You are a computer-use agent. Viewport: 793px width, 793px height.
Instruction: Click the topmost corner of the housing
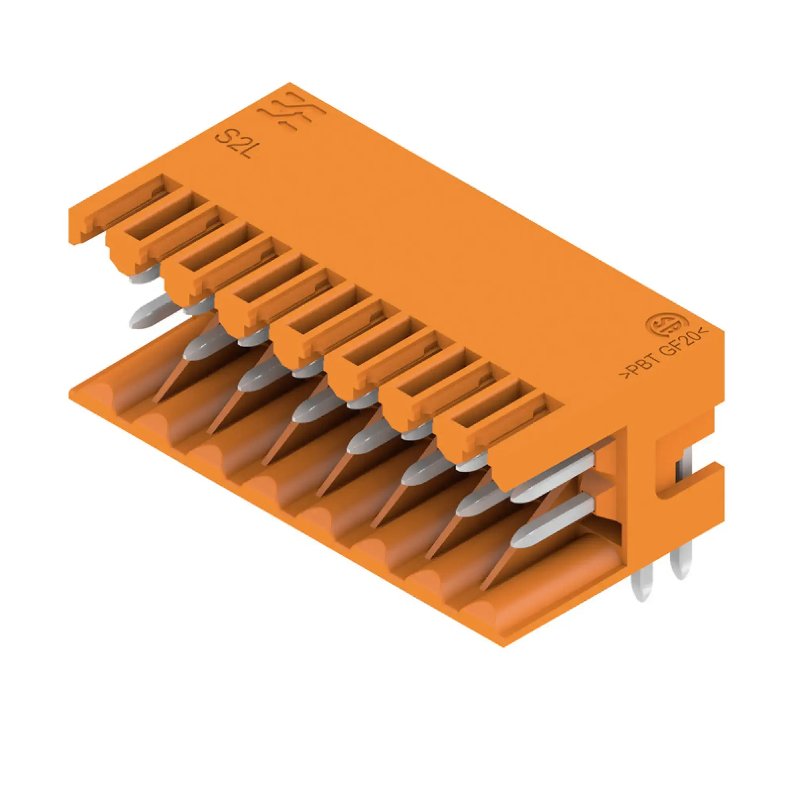click(x=289, y=83)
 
